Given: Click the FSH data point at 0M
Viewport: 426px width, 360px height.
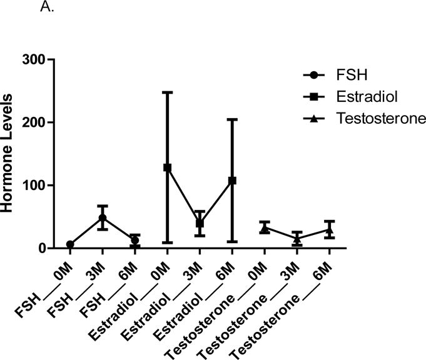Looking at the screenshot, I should (x=70, y=244).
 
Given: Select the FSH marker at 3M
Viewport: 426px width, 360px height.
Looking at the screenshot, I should (x=102, y=218).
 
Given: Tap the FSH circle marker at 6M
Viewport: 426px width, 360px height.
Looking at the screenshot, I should (x=134, y=241).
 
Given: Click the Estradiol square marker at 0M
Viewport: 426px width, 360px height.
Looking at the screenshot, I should (x=167, y=167).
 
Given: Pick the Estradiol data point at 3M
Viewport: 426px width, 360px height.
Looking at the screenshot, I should (x=200, y=223).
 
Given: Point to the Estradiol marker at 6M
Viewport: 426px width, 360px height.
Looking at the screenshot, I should (x=232, y=181).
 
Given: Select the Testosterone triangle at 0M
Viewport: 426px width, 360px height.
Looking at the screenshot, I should (x=265, y=229).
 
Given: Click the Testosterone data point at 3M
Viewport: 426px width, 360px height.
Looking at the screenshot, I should (x=297, y=239).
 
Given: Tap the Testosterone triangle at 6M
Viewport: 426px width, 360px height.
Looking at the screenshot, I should (x=330, y=230).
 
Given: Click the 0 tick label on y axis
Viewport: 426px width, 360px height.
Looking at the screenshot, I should (x=41, y=248).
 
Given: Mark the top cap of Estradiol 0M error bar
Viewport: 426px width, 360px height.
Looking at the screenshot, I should (x=167, y=92).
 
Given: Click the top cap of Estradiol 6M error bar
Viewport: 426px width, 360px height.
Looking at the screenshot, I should (x=232, y=119).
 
